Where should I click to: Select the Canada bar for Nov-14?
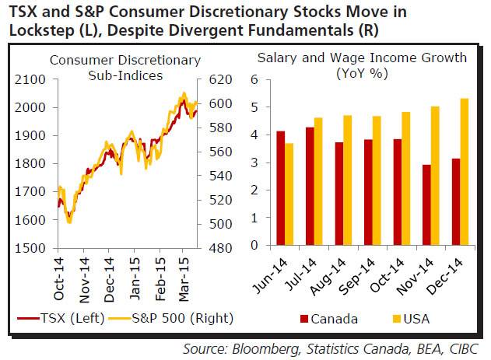pos(427,204)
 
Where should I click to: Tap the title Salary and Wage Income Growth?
pos(362,57)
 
